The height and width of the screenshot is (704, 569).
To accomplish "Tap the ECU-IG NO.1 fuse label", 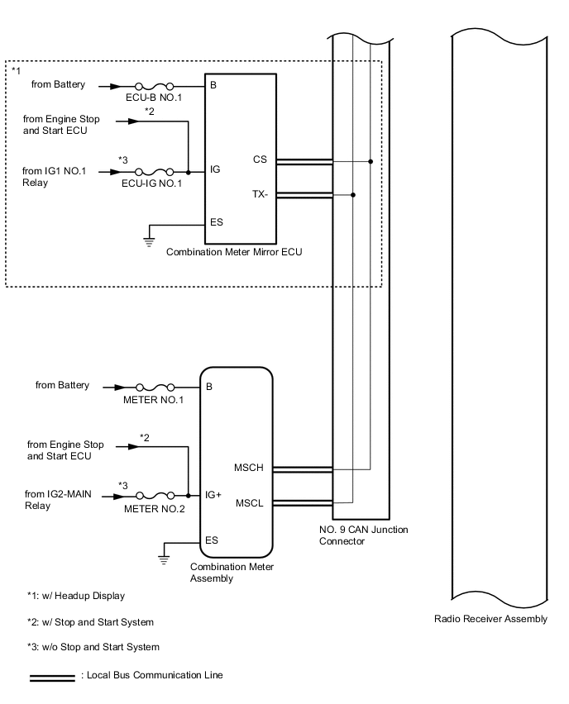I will pos(153,183).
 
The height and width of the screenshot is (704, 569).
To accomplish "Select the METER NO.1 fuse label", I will pos(153,400).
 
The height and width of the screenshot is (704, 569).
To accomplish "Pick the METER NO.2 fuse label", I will pos(154,509).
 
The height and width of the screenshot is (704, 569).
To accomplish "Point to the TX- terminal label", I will pos(260,193).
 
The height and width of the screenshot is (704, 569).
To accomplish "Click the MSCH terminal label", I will pos(249,468).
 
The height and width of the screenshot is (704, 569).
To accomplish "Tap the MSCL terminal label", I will pos(249,502).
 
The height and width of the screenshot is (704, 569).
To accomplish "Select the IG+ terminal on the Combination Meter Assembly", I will pos(213,495).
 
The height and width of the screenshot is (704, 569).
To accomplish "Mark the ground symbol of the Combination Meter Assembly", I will pos(165,559).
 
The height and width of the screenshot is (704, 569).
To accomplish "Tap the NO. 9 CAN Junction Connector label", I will pos(363,535).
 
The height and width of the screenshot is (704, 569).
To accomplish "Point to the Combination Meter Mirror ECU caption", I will pos(234,253).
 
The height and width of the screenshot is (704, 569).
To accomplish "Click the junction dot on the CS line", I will pos(371,161).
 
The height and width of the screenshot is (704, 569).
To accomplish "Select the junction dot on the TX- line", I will pos(353,196).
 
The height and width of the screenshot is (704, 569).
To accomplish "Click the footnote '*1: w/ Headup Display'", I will pos(76,596).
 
